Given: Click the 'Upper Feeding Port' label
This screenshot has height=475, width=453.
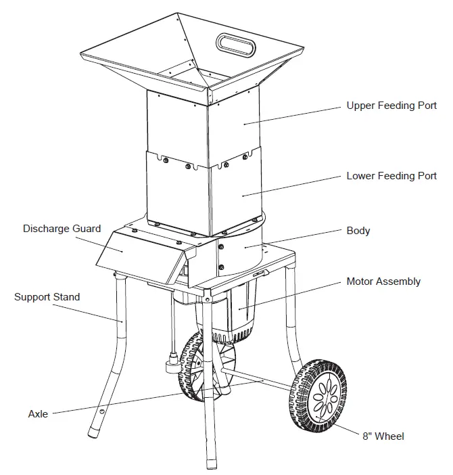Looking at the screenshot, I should coord(391,106).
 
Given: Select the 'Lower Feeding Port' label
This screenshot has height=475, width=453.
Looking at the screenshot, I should coord(391,176).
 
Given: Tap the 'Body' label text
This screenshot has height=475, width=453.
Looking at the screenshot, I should coord(358,231).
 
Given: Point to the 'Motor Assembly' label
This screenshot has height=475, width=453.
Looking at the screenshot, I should coord(383,281).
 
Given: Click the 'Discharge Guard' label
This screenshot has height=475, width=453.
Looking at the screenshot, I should coord(62,229).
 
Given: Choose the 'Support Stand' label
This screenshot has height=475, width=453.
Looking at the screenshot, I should coord(47,297).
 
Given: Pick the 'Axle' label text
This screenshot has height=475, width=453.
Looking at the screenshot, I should coord(38,413).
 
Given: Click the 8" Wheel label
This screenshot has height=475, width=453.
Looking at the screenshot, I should coord(384,436).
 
